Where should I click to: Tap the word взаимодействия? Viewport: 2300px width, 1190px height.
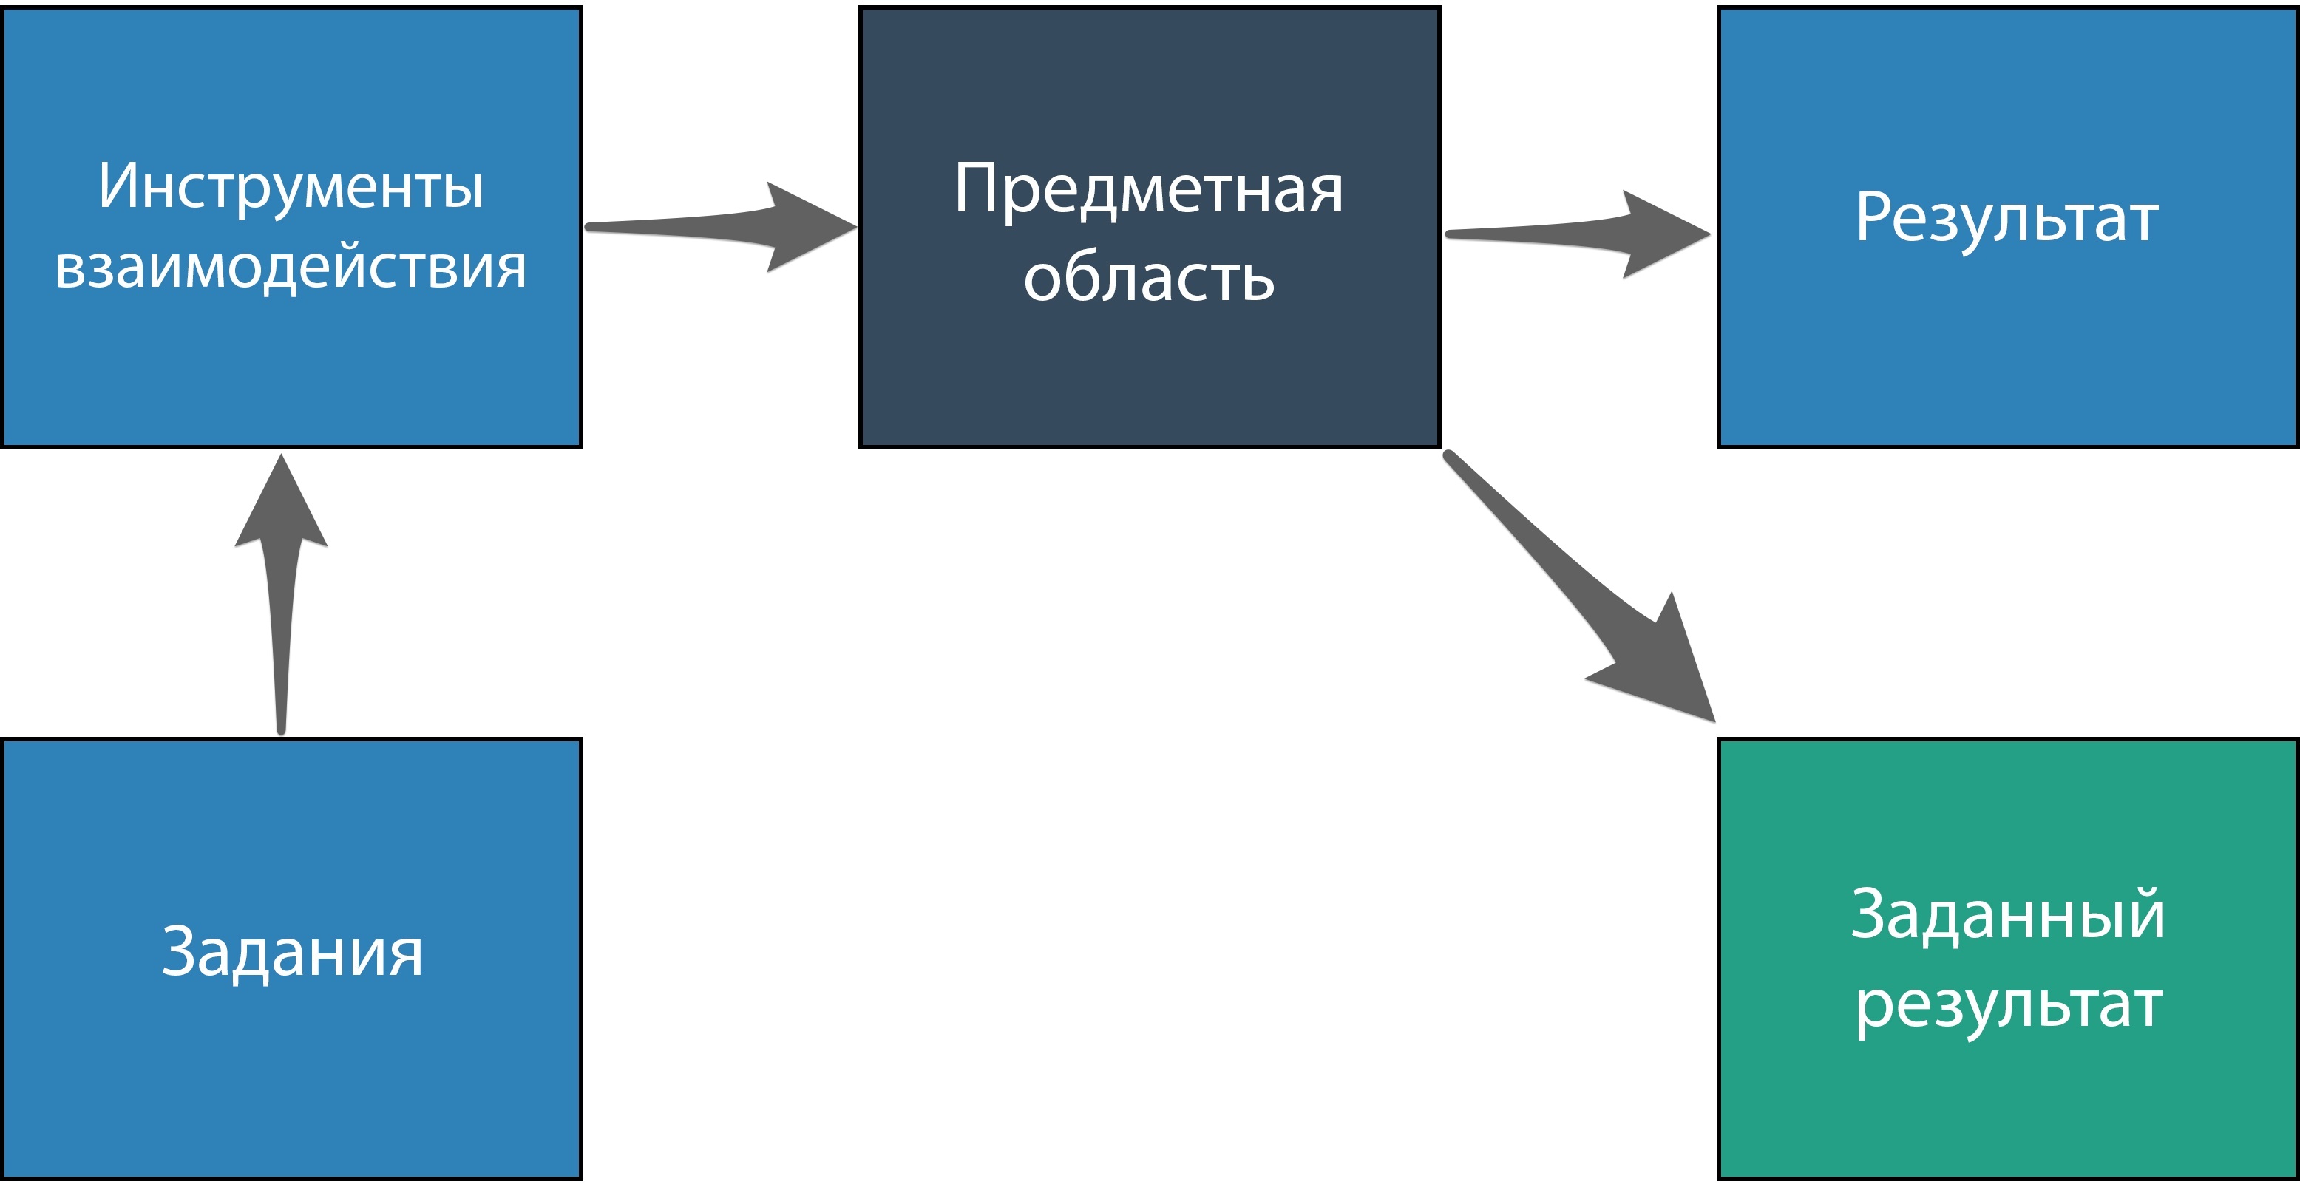[291, 267]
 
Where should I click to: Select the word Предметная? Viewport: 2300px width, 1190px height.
[1148, 189]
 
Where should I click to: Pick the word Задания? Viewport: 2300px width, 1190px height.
[292, 953]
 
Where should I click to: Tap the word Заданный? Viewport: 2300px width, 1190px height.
[2007, 915]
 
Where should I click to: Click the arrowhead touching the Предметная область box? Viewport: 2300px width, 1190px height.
[804, 227]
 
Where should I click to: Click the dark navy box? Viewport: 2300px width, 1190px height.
[1149, 375]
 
